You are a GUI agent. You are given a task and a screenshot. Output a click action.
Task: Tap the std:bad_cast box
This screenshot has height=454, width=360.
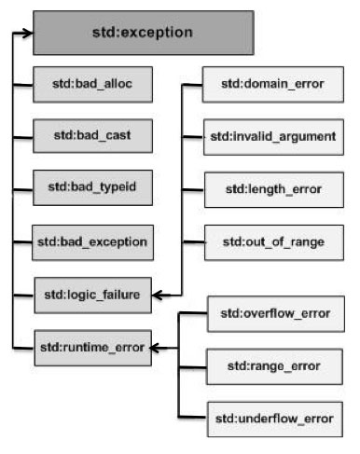pos(91,136)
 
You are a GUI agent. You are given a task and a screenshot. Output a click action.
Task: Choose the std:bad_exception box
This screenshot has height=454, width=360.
pos(91,241)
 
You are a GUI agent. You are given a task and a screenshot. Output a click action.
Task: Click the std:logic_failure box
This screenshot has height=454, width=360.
pos(91,295)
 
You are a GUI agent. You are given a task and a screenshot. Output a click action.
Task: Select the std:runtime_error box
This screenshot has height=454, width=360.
pos(91,348)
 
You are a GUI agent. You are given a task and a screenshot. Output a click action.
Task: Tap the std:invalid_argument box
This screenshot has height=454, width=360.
pos(271,137)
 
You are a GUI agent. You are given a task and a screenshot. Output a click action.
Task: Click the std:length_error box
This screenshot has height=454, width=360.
pos(271,189)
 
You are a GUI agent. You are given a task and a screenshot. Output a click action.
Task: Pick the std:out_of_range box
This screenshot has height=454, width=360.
pos(271,241)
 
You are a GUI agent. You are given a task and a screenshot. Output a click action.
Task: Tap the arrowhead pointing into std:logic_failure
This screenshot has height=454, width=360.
pos(158,295)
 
